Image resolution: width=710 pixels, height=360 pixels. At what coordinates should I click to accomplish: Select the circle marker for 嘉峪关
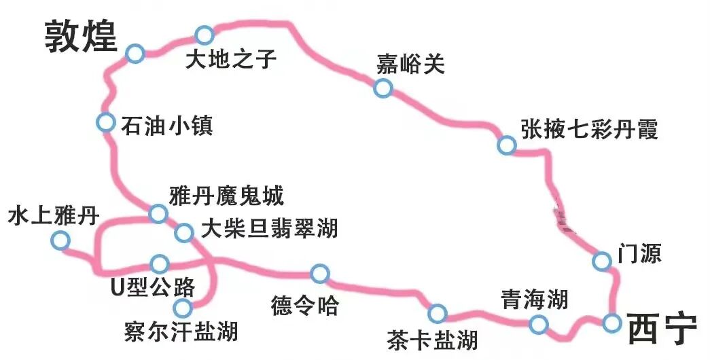383,88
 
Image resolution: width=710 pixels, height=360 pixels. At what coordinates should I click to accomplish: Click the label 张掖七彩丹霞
589,129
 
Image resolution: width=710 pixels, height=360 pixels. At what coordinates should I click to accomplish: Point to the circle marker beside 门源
601,261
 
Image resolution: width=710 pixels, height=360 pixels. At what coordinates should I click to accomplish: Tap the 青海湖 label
534,299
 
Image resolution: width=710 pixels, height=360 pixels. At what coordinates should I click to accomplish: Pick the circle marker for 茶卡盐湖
438,313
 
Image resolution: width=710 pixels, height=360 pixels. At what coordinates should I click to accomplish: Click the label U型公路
153,287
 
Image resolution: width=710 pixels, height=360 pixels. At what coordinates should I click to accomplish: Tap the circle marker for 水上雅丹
60,240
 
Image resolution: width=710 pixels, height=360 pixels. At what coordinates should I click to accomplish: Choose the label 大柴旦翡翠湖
266,228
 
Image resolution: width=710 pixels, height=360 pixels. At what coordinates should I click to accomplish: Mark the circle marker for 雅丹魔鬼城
158,214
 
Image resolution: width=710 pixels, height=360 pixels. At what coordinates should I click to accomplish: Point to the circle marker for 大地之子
204,35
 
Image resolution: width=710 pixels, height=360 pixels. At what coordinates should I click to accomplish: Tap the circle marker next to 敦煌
135,54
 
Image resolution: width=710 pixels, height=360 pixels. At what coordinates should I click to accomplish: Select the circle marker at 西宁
612,323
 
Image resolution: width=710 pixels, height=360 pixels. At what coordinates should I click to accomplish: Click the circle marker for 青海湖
539,324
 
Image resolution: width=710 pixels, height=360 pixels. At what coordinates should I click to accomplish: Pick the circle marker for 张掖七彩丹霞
506,145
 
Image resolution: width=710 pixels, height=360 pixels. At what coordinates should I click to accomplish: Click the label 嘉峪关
410,65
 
